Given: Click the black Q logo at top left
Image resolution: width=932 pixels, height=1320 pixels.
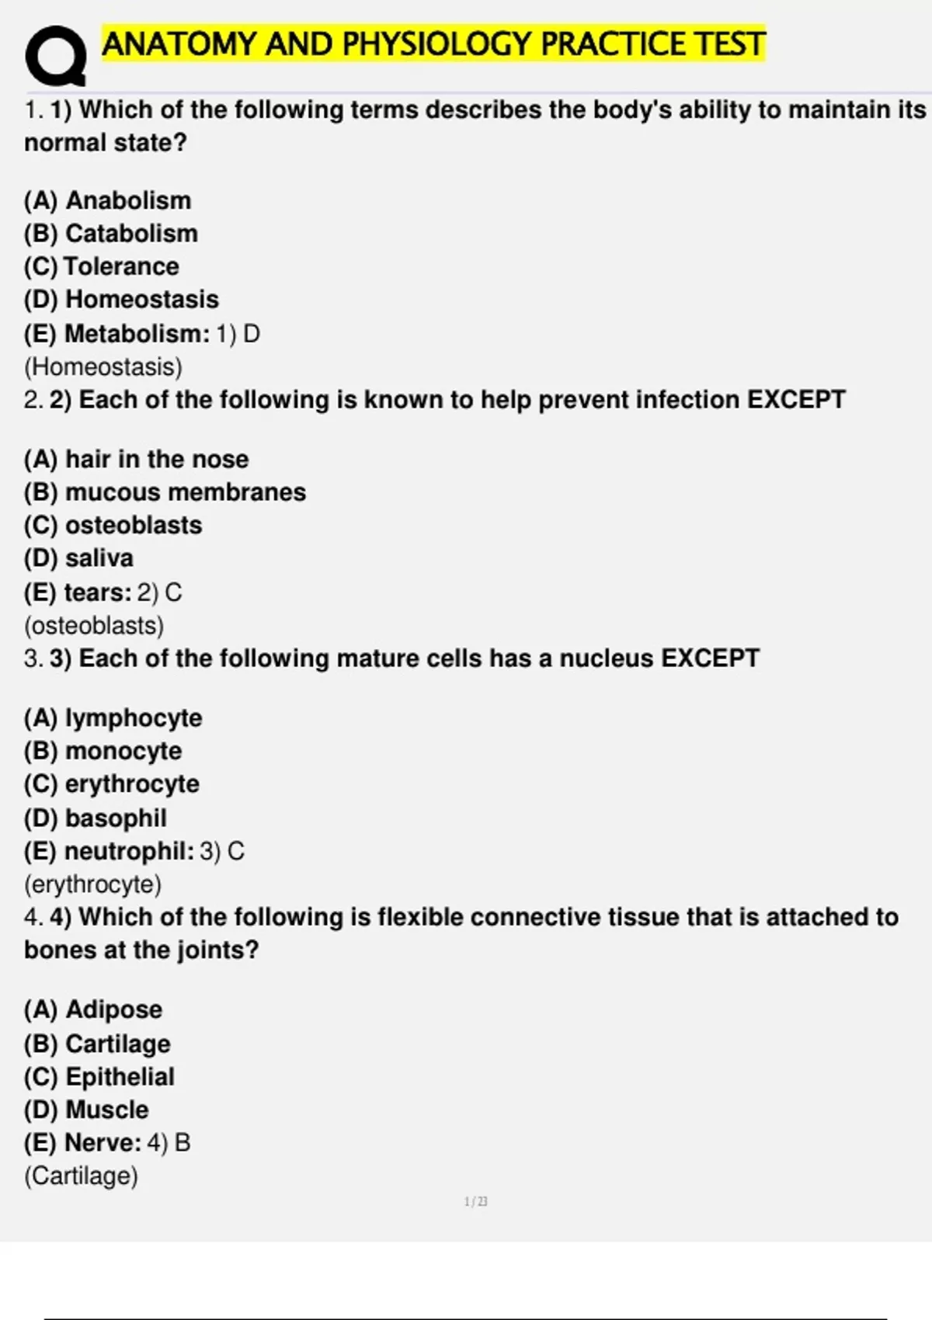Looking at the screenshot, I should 55,57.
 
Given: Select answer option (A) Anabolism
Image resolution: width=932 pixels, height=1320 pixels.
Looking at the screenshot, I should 107,200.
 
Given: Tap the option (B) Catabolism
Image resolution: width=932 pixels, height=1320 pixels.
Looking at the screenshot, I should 110,233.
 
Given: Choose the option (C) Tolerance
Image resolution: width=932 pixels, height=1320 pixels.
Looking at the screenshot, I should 101,266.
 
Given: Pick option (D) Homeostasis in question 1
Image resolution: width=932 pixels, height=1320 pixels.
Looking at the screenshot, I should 121,299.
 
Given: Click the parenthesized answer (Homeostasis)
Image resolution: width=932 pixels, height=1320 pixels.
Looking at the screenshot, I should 103,366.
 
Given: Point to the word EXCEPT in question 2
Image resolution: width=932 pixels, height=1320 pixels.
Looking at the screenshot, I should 795,399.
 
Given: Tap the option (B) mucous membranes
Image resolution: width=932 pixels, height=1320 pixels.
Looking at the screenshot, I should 165,492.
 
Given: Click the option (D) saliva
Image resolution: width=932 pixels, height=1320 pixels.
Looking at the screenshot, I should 78,558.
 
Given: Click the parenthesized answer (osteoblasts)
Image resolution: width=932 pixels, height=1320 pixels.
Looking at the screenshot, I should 94,625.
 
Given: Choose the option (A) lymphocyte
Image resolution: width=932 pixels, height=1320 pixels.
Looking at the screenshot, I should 113,717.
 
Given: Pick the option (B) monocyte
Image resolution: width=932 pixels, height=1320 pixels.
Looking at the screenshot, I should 103,751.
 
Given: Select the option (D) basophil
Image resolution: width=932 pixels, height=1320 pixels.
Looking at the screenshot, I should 95,818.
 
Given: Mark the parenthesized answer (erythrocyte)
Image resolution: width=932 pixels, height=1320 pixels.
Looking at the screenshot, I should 93,884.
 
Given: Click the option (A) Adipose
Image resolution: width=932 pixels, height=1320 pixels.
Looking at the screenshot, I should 93,1009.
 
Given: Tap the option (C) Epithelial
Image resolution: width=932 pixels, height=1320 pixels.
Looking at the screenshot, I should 99,1076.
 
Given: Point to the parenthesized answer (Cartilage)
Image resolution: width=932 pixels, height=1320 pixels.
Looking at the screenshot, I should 81,1176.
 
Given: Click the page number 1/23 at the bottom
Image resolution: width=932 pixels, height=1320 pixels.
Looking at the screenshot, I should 475,1202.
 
